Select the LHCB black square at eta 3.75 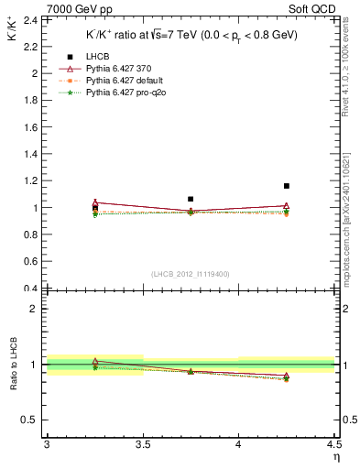point(191,199)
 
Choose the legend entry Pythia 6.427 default point(112,81)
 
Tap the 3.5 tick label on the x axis point(142,444)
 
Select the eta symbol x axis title point(335,455)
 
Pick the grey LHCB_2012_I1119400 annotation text point(190,274)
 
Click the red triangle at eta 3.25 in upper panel point(95,202)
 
